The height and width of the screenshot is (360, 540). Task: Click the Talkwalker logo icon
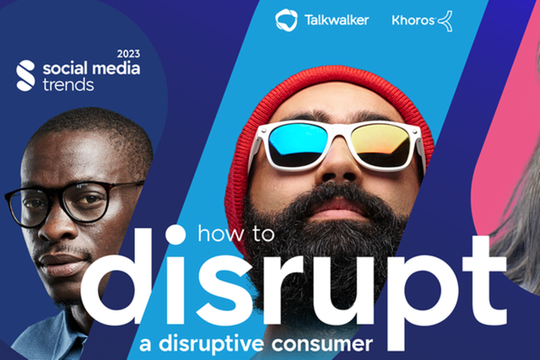pos(286,20)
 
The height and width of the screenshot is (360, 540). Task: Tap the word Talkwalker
pos(337,20)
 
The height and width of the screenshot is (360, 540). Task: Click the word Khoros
pos(413,20)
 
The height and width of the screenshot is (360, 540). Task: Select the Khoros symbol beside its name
pos(445,21)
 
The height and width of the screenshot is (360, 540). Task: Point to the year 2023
pos(128,54)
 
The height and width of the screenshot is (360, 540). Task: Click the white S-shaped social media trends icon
pos(26,76)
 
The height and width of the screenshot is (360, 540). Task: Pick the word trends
pos(68,84)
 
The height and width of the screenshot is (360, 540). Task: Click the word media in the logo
pos(116,68)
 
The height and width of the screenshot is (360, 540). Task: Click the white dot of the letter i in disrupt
pos(175,234)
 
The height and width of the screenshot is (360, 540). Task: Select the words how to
pos(236,234)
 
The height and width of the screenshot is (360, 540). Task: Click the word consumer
pos(322,344)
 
